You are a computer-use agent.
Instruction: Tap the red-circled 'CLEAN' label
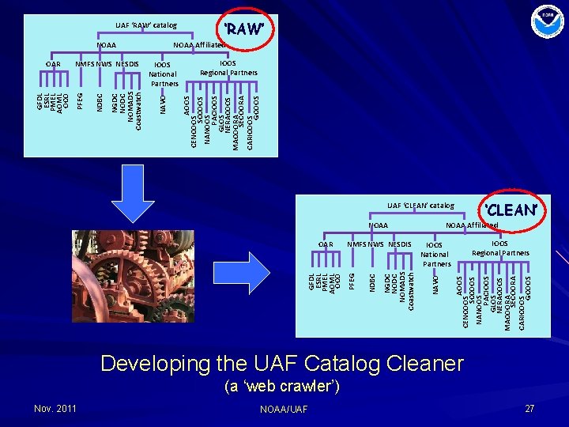coord(513,210)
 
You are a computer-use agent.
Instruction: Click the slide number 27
coord(529,408)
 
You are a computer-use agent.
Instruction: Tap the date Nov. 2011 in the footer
coord(55,408)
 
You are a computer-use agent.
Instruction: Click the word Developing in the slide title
coord(152,364)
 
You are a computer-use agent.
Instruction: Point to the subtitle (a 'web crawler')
coord(282,387)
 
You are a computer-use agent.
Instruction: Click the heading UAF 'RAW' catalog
coord(146,25)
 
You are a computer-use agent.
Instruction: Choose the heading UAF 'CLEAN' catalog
coord(420,206)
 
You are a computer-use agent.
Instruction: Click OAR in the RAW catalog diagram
coord(53,64)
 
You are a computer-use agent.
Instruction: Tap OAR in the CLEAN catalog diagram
coord(325,244)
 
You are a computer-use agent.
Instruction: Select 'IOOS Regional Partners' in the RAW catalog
coord(228,67)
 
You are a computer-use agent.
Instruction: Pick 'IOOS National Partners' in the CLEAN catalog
coord(435,255)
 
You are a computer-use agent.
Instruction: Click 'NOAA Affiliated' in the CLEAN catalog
coord(471,225)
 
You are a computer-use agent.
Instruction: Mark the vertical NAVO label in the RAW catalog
coord(163,104)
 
